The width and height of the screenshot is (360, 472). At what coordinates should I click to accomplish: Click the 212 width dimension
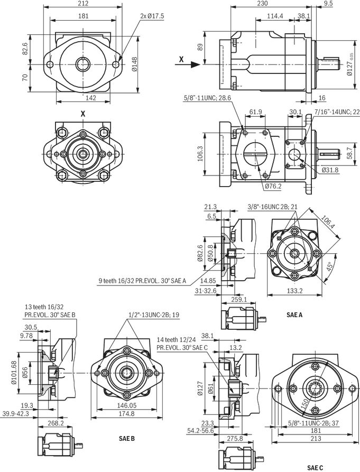click(x=83, y=4)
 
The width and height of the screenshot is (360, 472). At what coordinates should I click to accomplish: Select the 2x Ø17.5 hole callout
click(x=152, y=16)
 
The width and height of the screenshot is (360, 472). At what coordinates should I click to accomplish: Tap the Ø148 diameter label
click(x=134, y=64)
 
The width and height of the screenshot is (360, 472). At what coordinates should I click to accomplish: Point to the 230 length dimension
click(x=263, y=4)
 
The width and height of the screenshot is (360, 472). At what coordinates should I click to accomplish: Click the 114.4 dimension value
click(x=275, y=16)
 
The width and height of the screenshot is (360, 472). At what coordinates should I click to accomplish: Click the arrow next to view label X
click(x=193, y=64)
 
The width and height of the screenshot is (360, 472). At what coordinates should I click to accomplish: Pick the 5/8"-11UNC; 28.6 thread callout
click(x=207, y=98)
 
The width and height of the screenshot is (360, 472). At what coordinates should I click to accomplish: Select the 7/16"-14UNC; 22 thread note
click(x=337, y=112)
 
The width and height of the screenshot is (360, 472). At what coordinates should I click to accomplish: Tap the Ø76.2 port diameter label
click(x=273, y=187)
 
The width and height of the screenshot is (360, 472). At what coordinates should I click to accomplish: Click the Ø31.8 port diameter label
click(x=330, y=170)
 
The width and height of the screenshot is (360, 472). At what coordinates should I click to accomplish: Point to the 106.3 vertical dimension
click(x=200, y=154)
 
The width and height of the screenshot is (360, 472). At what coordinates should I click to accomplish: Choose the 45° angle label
click(x=329, y=266)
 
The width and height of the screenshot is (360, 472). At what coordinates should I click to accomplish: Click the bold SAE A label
click(x=294, y=315)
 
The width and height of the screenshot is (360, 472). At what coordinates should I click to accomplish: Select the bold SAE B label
click(x=126, y=438)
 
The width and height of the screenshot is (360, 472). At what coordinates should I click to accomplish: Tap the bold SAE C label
click(x=315, y=467)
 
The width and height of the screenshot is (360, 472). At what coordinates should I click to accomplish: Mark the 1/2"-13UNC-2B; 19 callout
click(x=154, y=315)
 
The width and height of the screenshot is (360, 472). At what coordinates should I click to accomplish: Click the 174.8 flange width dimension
click(x=126, y=414)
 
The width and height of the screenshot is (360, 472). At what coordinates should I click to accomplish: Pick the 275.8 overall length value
click(x=235, y=439)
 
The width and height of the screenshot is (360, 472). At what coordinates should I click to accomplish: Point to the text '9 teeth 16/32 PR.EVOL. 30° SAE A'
click(x=142, y=281)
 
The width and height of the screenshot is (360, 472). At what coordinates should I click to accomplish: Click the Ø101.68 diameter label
click(x=14, y=373)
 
